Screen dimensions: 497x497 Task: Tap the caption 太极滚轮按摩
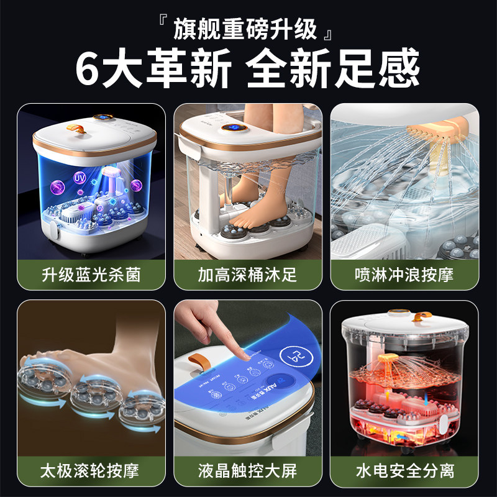pos(91,469)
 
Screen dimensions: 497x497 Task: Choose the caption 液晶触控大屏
pos(248,469)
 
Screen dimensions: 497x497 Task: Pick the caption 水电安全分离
pos(404,469)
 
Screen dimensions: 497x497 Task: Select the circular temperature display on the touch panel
pos(293,357)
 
